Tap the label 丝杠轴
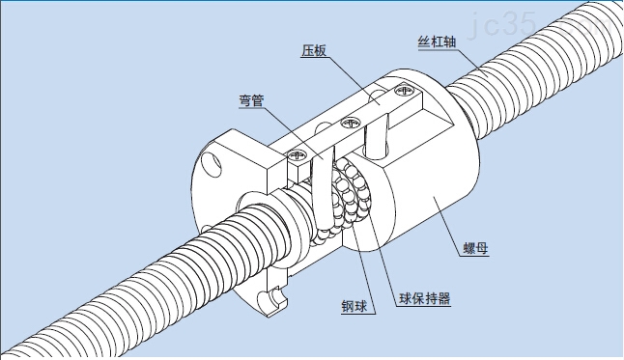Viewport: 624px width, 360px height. pyautogui.click(x=436, y=42)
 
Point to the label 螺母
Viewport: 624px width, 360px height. pyautogui.click(x=474, y=249)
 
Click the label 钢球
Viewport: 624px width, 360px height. pyautogui.click(x=354, y=308)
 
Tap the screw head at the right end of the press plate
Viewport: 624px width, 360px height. pyautogui.click(x=403, y=91)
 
